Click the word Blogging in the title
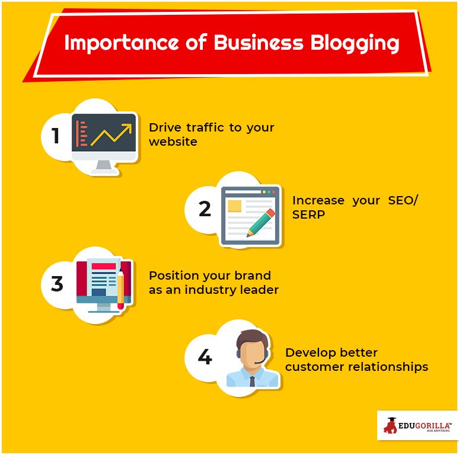pos(355,43)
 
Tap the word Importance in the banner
pos(121,43)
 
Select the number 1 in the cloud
pos(56,136)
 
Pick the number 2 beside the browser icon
pos(205,209)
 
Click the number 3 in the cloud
pos(57,283)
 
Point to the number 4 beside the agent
pos(205,357)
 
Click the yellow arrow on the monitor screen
pos(111,134)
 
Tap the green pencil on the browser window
pos(260,223)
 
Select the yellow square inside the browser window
pos(234,206)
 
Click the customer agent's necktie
pos(252,382)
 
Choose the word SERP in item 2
pos(308,214)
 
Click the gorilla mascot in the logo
pos(390,425)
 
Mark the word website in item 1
pos(173,142)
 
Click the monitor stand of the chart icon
pos(104,167)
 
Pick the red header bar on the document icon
pos(104,266)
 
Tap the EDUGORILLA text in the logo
pos(424,425)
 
